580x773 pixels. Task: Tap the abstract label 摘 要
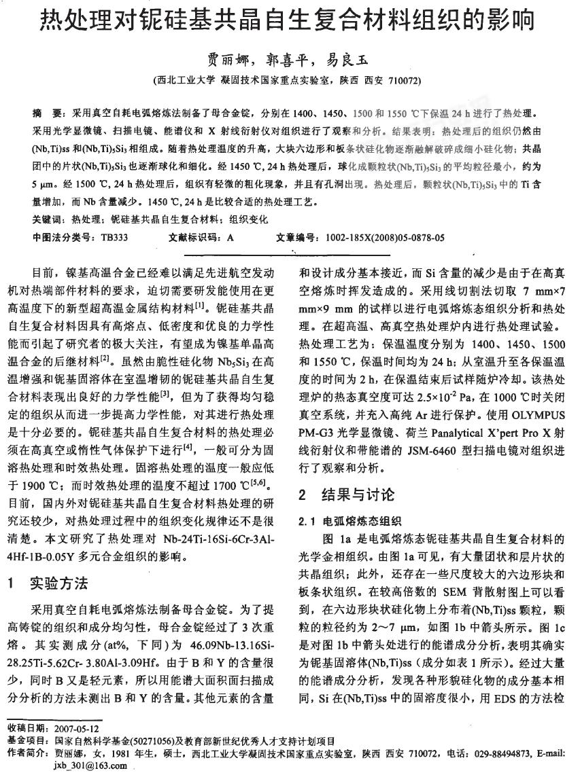(x=48, y=110)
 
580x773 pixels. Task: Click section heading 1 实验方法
(x=56, y=583)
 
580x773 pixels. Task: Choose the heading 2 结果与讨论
(x=347, y=494)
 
